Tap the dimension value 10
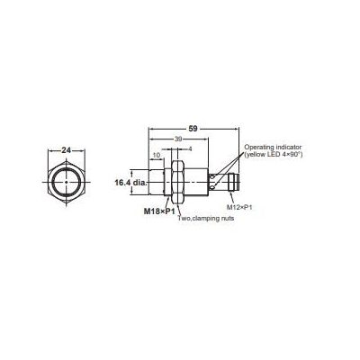coord(158,156)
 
